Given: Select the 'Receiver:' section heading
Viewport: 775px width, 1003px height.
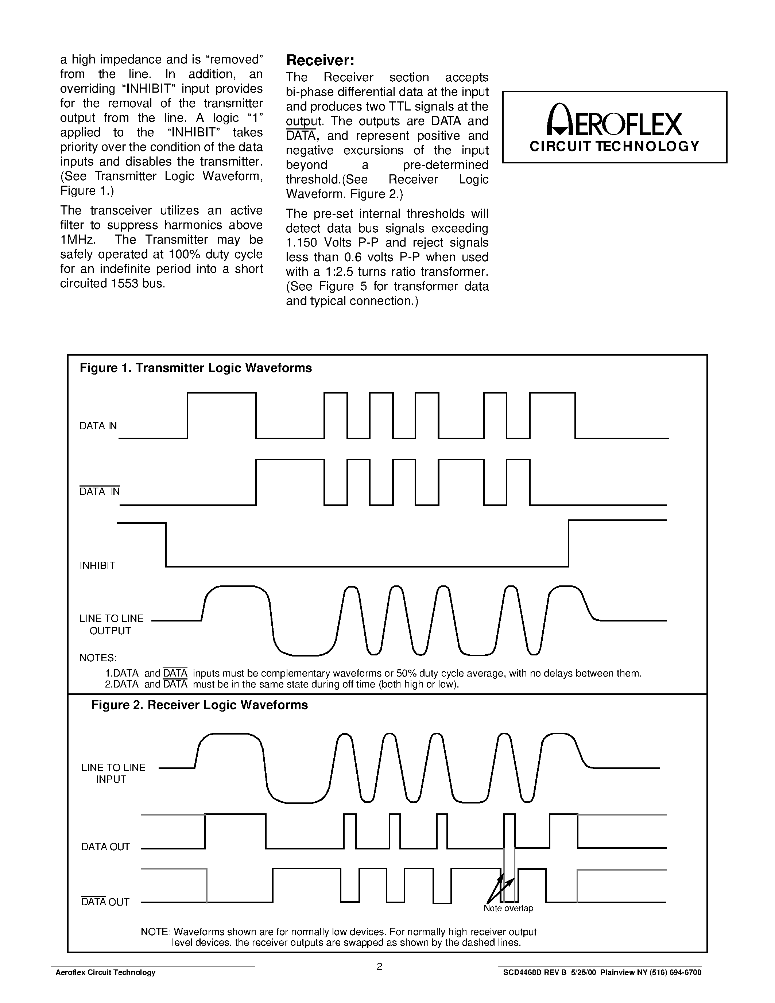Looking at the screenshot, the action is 320,61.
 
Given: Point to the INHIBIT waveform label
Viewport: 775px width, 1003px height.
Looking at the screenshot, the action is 97,565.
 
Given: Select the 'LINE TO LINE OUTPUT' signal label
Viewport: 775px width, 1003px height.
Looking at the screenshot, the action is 111,624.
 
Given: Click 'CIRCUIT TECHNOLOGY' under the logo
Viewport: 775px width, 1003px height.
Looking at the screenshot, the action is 614,147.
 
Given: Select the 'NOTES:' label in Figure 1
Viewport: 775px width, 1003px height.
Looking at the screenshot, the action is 98,658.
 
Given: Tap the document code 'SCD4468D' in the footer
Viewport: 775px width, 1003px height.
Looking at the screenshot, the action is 521,972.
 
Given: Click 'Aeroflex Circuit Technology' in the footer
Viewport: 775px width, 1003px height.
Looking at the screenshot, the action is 105,972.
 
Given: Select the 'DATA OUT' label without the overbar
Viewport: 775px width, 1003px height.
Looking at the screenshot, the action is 106,847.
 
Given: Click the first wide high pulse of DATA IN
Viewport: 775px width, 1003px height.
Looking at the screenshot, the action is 222,394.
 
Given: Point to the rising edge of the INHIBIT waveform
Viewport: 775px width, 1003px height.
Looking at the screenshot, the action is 569,543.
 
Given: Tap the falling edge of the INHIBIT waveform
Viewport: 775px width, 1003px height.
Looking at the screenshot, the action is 166,545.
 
